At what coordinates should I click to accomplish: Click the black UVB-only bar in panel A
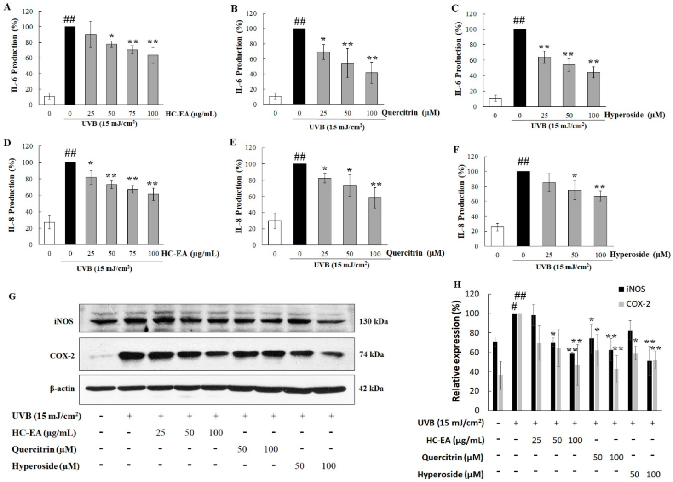(70, 65)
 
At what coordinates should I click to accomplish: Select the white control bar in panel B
(275, 100)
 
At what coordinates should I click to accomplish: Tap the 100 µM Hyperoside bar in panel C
(593, 89)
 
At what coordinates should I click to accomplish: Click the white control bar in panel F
(497, 236)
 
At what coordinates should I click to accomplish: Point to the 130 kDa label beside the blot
(373, 321)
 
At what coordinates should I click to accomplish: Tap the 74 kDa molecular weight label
(371, 354)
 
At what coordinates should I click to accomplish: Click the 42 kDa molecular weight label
(371, 388)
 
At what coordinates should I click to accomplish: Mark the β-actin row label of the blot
(62, 389)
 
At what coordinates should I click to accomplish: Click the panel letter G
(12, 296)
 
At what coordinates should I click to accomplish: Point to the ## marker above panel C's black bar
(519, 20)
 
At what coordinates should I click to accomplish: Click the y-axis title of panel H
(456, 351)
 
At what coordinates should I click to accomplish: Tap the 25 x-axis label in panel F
(548, 255)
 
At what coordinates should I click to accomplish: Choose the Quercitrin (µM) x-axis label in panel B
(410, 113)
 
